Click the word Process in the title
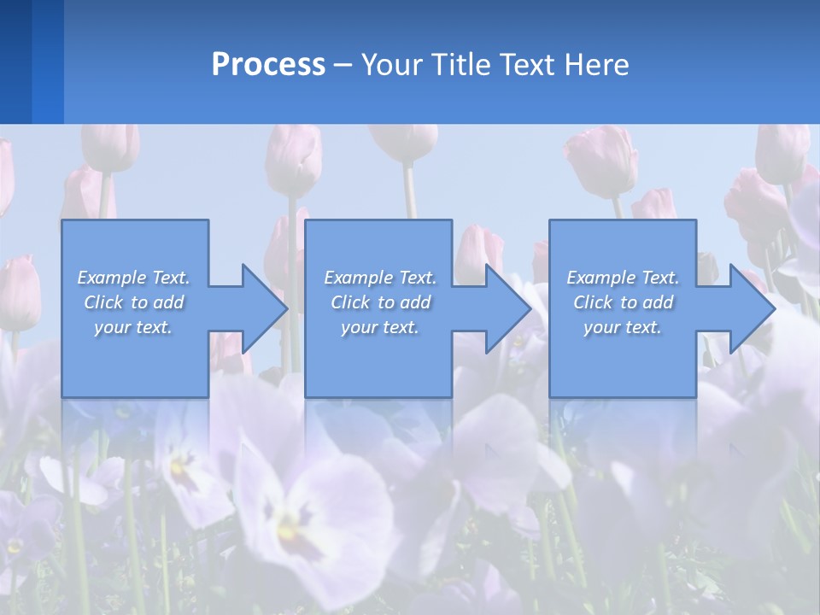[268, 65]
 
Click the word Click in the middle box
[350, 302]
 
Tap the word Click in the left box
[103, 302]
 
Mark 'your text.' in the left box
[133, 327]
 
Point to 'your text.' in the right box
[623, 327]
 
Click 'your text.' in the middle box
[380, 327]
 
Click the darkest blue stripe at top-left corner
[15, 61]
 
